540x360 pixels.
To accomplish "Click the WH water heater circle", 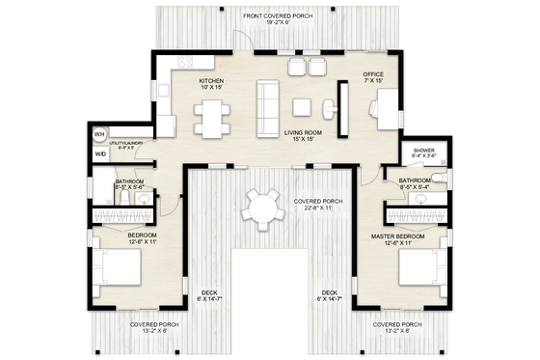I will pyautogui.click(x=99, y=134).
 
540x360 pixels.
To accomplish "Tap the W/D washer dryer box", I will pyautogui.click(x=99, y=153).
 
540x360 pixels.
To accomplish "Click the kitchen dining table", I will pyautogui.click(x=212, y=117).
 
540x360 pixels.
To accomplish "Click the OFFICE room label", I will pyautogui.click(x=373, y=77).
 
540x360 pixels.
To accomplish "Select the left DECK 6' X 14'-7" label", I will pyautogui.click(x=208, y=296).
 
